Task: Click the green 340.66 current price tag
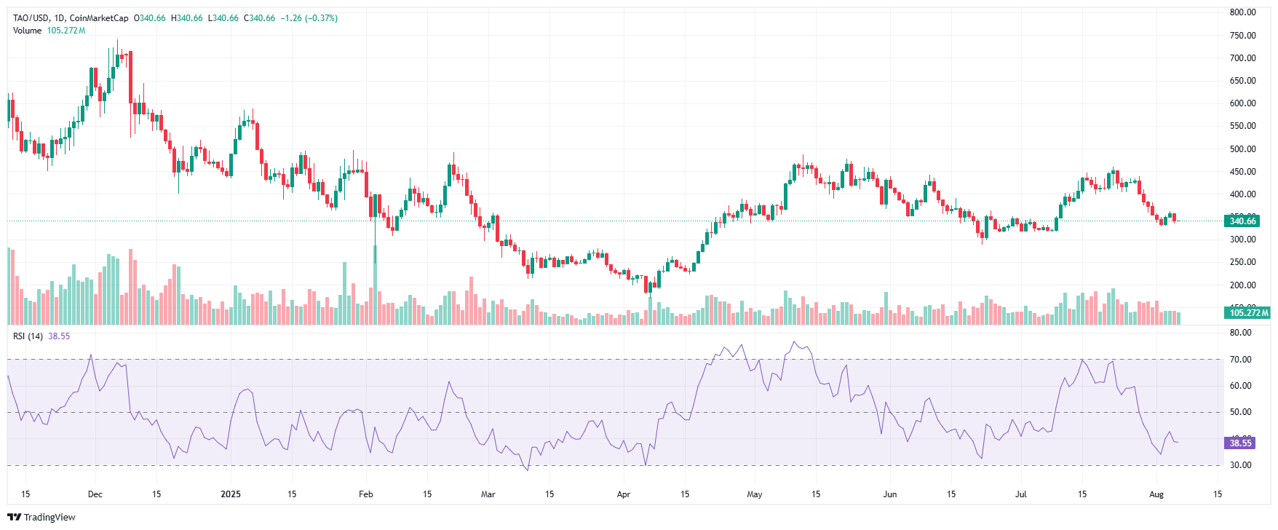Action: (1242, 221)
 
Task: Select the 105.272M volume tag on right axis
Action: (1247, 313)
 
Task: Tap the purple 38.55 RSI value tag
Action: (1240, 443)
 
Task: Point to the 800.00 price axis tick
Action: (1242, 12)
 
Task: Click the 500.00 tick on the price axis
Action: (1242, 149)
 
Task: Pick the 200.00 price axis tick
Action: (1242, 285)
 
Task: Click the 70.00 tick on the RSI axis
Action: (1241, 360)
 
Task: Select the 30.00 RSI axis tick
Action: (1241, 465)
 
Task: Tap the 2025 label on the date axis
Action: (231, 494)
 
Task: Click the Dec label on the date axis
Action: (95, 494)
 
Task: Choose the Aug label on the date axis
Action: (1156, 494)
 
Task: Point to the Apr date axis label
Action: (624, 494)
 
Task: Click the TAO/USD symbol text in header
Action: (31, 18)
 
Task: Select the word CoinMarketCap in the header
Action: (99, 18)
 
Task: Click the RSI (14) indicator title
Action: (28, 336)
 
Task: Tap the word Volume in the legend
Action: (27, 31)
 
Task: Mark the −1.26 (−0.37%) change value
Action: (309, 18)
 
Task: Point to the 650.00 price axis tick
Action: (1242, 81)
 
